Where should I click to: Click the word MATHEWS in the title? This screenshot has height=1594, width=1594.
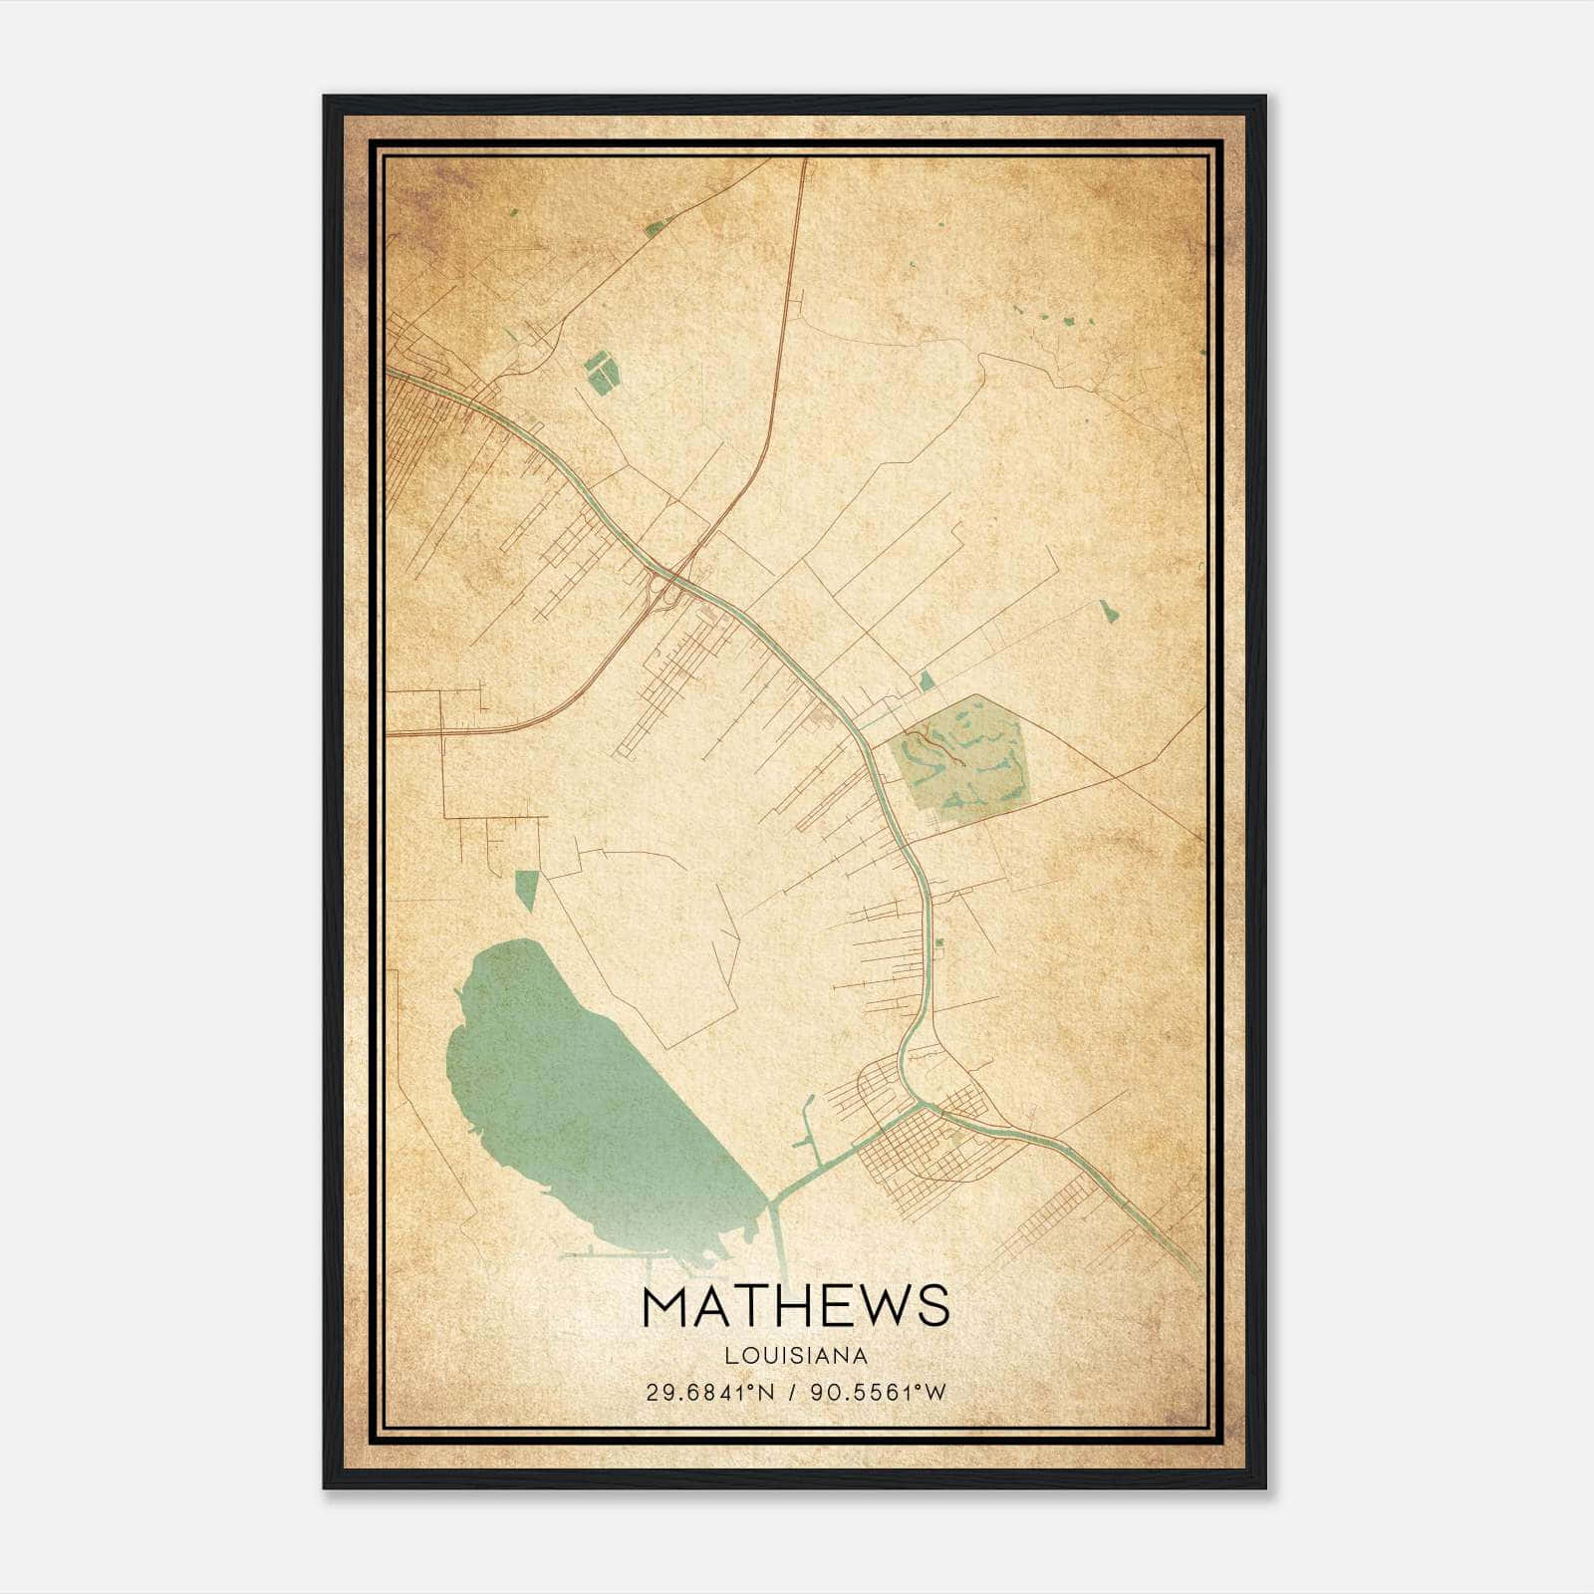pyautogui.click(x=796, y=1306)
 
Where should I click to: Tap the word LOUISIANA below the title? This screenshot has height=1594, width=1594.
pyautogui.click(x=796, y=1356)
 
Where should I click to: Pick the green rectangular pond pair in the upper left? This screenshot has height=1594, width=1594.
pyautogui.click(x=602, y=372)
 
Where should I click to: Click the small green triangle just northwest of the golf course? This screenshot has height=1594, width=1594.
pyautogui.click(x=928, y=681)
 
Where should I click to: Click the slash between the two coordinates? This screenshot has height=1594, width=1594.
pyautogui.click(x=794, y=1393)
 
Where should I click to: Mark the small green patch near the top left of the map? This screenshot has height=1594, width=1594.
pyautogui.click(x=654, y=229)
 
